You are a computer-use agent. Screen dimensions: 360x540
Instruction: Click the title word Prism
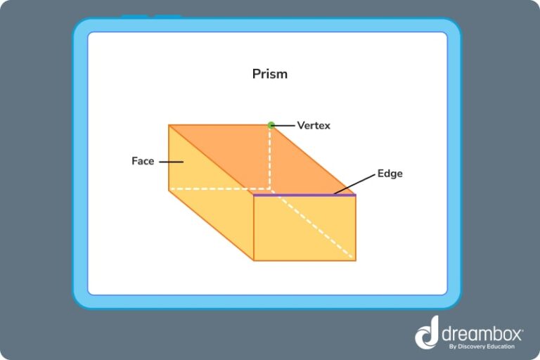270,74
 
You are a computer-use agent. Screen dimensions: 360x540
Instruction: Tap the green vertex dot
271,125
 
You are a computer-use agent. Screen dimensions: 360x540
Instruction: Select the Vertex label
313,125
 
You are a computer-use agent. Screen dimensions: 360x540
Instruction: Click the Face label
143,161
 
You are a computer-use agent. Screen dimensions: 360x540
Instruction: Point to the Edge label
390,173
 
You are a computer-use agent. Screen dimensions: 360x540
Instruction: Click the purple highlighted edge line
304,195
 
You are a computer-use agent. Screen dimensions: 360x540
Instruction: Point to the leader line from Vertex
284,125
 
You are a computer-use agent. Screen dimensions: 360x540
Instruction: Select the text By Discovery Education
481,346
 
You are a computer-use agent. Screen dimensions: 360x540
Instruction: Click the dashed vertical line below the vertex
271,158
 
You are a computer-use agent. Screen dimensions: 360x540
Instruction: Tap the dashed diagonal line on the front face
316,229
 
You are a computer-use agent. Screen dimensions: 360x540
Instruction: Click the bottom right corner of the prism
356,260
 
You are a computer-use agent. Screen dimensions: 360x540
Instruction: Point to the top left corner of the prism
169,125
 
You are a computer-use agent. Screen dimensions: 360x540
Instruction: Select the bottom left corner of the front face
254,260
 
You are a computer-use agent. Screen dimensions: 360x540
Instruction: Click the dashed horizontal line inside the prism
211,189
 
